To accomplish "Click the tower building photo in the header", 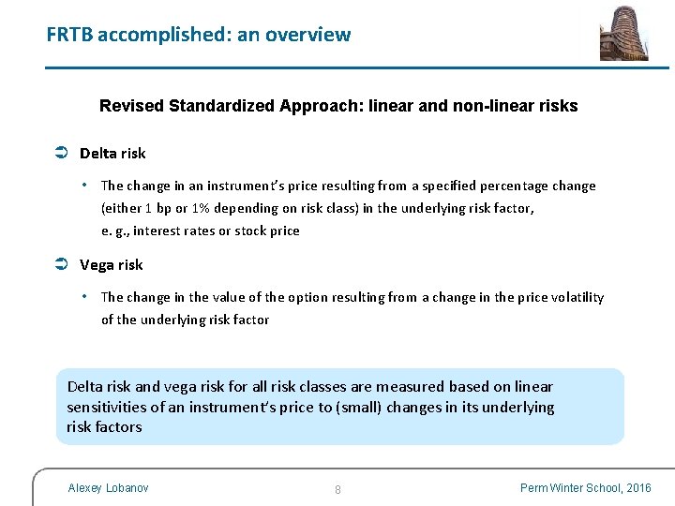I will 624,33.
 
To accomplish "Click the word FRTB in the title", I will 69,36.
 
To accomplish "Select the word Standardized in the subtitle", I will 223,106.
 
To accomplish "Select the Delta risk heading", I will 112,154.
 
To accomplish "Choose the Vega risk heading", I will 112,265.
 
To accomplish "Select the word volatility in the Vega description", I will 574,297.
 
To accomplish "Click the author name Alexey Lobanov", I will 109,488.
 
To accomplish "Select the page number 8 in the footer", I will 337,489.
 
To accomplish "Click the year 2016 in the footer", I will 638,488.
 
